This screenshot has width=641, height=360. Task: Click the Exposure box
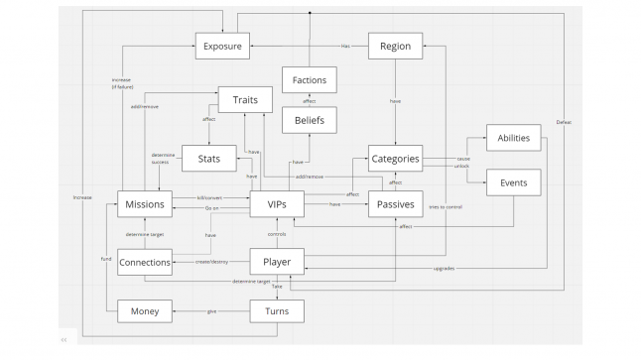tap(221, 45)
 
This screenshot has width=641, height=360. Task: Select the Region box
tap(396, 45)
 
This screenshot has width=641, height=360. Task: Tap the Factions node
tap(311, 79)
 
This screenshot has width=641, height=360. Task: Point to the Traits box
tap(245, 100)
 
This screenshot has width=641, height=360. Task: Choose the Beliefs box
tap(311, 121)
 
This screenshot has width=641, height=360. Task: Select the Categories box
tap(396, 158)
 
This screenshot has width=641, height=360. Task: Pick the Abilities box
tap(513, 138)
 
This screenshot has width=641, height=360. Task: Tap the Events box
tap(513, 182)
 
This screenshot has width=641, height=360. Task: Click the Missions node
tap(145, 204)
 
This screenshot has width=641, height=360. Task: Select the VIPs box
tap(276, 204)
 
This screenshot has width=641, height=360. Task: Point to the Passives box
tap(396, 204)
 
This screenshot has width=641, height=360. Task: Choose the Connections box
tap(145, 262)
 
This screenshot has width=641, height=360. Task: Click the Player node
tap(276, 262)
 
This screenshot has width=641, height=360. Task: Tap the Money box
tap(145, 311)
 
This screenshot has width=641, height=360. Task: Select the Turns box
tap(276, 311)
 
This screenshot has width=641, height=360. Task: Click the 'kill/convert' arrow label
tap(208, 198)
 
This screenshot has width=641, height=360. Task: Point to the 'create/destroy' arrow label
tap(210, 262)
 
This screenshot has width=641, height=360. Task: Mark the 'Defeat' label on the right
tap(564, 122)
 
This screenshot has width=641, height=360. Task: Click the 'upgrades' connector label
tap(446, 269)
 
